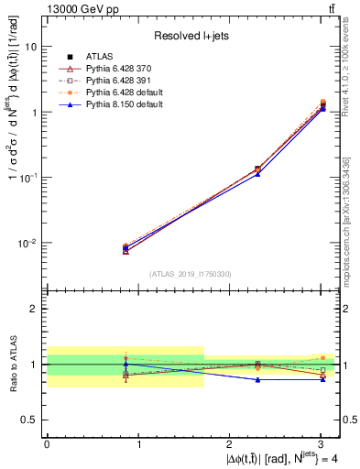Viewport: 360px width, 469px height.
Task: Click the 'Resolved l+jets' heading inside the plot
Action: (x=191, y=36)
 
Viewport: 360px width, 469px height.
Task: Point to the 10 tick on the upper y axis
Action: (x=31, y=46)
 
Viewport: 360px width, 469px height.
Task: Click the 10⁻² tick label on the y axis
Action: (x=27, y=244)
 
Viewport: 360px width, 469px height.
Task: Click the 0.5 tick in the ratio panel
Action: (x=29, y=420)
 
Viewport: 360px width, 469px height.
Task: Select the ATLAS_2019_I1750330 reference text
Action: (x=191, y=274)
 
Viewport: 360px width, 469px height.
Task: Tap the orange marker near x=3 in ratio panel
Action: (x=322, y=358)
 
